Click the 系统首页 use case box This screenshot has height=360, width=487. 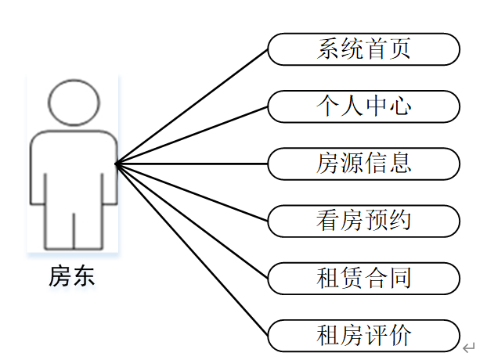(363, 49)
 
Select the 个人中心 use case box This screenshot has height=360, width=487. (363, 106)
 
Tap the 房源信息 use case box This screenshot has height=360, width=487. (363, 164)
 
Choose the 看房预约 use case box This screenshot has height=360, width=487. (363, 221)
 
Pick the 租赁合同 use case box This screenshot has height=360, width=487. (363, 278)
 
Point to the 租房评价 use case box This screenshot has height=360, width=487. (363, 336)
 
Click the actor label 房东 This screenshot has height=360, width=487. (73, 275)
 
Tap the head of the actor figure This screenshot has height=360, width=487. (74, 102)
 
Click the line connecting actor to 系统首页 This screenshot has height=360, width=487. (192, 106)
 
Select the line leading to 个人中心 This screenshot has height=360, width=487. (192, 135)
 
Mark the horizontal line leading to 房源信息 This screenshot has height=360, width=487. (192, 164)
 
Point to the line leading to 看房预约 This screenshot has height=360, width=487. (192, 192)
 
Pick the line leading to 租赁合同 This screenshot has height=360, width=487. (192, 221)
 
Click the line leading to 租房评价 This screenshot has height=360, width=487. (192, 249)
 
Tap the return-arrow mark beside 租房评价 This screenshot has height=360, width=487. (468, 347)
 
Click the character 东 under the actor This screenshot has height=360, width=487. (85, 275)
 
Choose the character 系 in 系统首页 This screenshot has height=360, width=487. (329, 49)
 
